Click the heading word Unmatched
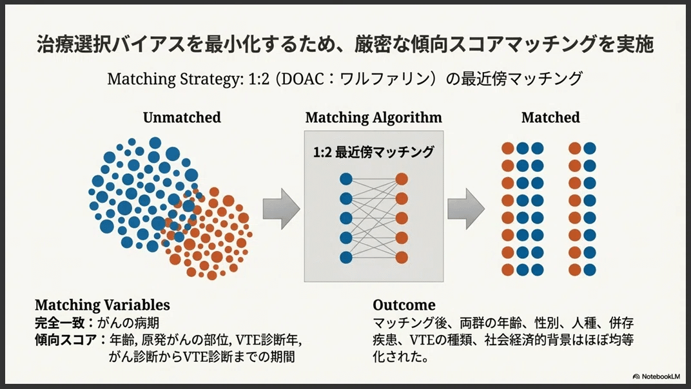182,117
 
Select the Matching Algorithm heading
373,118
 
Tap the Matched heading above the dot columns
550,117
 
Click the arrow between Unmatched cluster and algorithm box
282,209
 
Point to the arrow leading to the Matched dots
466,209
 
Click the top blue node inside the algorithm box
346,179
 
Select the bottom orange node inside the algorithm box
402,257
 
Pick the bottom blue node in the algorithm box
346,257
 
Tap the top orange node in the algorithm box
402,179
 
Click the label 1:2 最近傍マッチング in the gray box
374,152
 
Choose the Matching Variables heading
102,305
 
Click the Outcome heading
404,305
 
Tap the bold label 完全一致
59,323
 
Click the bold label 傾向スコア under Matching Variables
66,340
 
